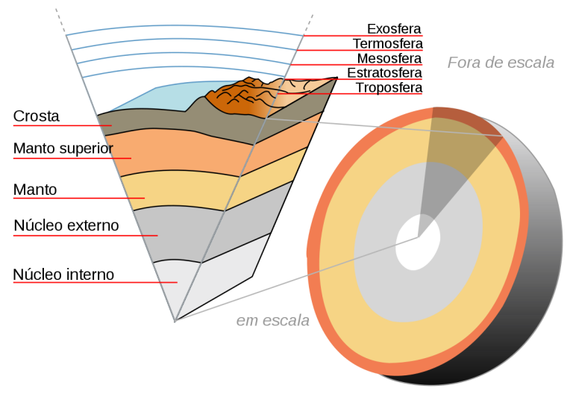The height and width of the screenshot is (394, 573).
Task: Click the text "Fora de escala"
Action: (x=501, y=63)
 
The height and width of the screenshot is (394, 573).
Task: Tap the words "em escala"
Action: (x=272, y=321)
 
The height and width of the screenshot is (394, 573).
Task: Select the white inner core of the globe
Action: (x=416, y=242)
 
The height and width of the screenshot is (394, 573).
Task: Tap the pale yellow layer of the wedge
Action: (x=179, y=190)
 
